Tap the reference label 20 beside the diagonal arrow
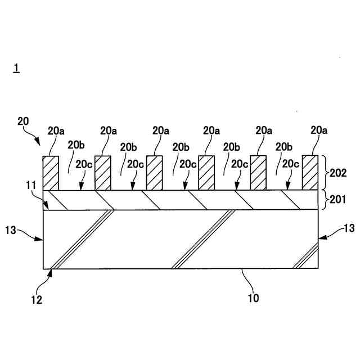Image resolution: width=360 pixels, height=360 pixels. (x=23, y=121)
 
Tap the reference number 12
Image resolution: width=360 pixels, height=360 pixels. (x=37, y=300)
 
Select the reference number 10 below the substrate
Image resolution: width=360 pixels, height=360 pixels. (x=253, y=298)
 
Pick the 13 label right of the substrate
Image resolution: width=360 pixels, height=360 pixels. (x=348, y=228)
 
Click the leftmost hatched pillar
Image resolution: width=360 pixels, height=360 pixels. (x=51, y=173)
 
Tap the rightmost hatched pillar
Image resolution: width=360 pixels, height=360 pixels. (x=310, y=173)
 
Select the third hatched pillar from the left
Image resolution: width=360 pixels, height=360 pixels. (x=154, y=173)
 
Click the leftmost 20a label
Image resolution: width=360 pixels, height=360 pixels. (x=56, y=130)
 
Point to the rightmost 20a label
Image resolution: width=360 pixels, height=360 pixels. (x=319, y=130)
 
